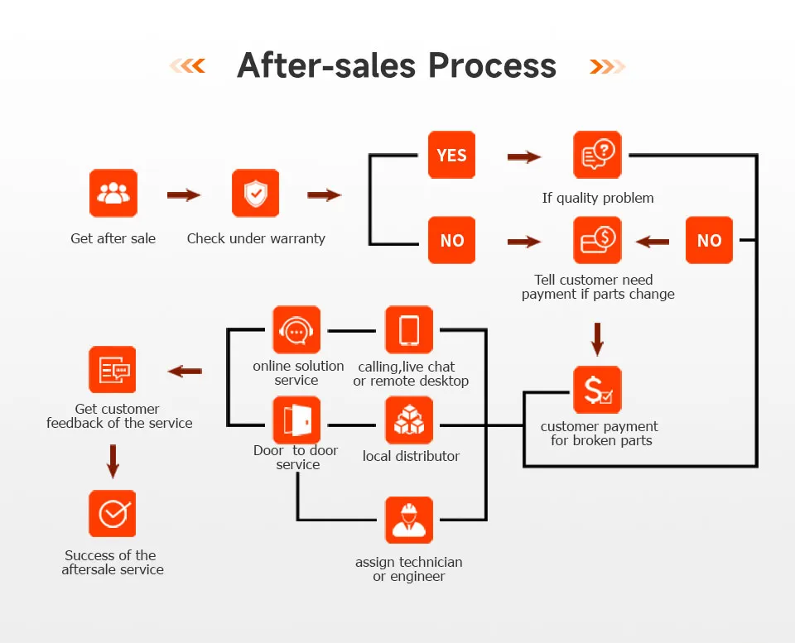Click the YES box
pos(451,155)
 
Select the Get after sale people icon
pos(113,194)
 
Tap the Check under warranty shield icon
pos(255,194)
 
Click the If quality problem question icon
pos(597,155)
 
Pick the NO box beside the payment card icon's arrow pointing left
pos(709,240)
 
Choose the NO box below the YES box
pos(451,240)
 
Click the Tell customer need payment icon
pos(597,240)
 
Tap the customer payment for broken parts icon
pos(597,390)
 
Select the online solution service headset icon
pos(296,329)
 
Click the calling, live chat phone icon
pos(409,329)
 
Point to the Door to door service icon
pos(296,420)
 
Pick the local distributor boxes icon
pos(409,420)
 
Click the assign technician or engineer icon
pos(409,521)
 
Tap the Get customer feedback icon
pos(113,370)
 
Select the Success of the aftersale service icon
pos(113,514)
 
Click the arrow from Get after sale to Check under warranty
pos(184,195)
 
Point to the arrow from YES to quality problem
pos(523,156)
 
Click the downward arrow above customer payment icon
pos(597,338)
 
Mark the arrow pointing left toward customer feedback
pos(185,372)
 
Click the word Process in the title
pos(492,65)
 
